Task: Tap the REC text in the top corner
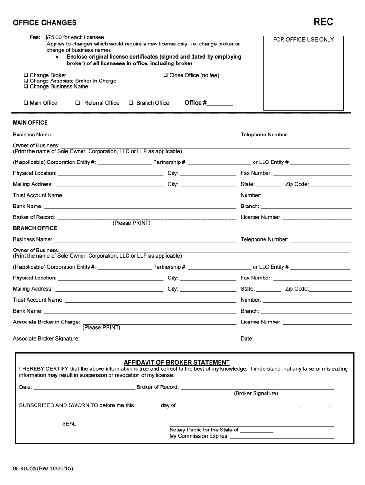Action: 323,22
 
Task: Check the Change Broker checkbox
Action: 26,75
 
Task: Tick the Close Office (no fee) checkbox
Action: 165,75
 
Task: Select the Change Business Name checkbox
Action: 26,87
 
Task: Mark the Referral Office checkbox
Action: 77,103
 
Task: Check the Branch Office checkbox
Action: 131,103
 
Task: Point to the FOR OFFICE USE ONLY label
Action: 303,40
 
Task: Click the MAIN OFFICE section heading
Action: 30,123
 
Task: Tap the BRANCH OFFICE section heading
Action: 35,228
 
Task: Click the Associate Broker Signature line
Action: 158,339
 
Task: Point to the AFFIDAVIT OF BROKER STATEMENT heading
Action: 177,362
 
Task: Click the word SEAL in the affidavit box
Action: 69,424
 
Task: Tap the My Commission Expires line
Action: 282,437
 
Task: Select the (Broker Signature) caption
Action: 256,394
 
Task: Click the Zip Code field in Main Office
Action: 331,185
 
